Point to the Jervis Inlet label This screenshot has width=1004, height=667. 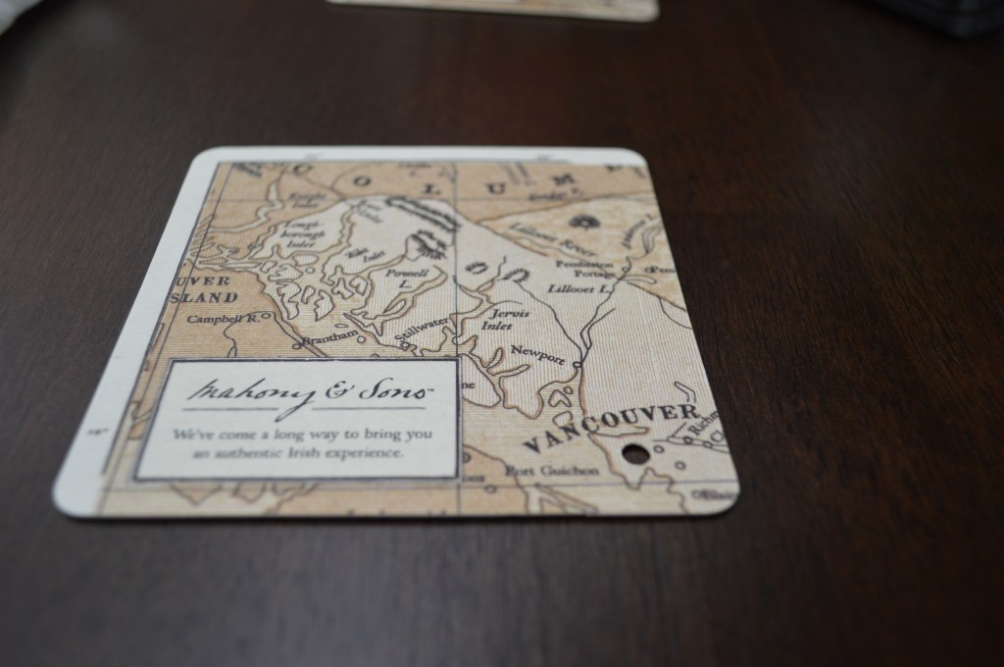pyautogui.click(x=506, y=319)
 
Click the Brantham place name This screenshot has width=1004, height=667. pyautogui.click(x=326, y=339)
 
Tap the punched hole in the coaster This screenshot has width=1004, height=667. pyautogui.click(x=635, y=453)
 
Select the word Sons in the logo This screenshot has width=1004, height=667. pyautogui.click(x=397, y=389)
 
